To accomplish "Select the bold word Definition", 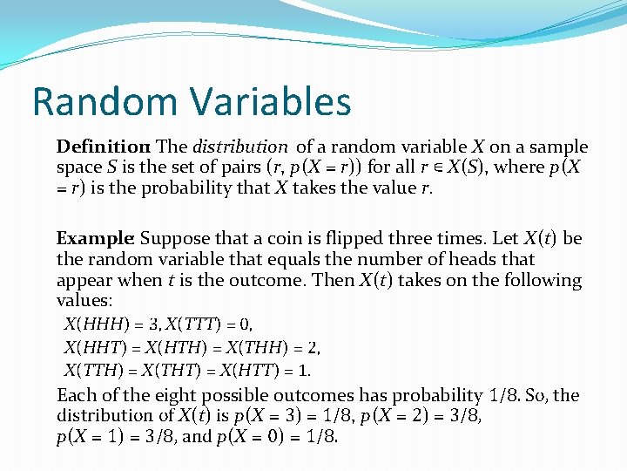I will (x=103, y=147).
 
